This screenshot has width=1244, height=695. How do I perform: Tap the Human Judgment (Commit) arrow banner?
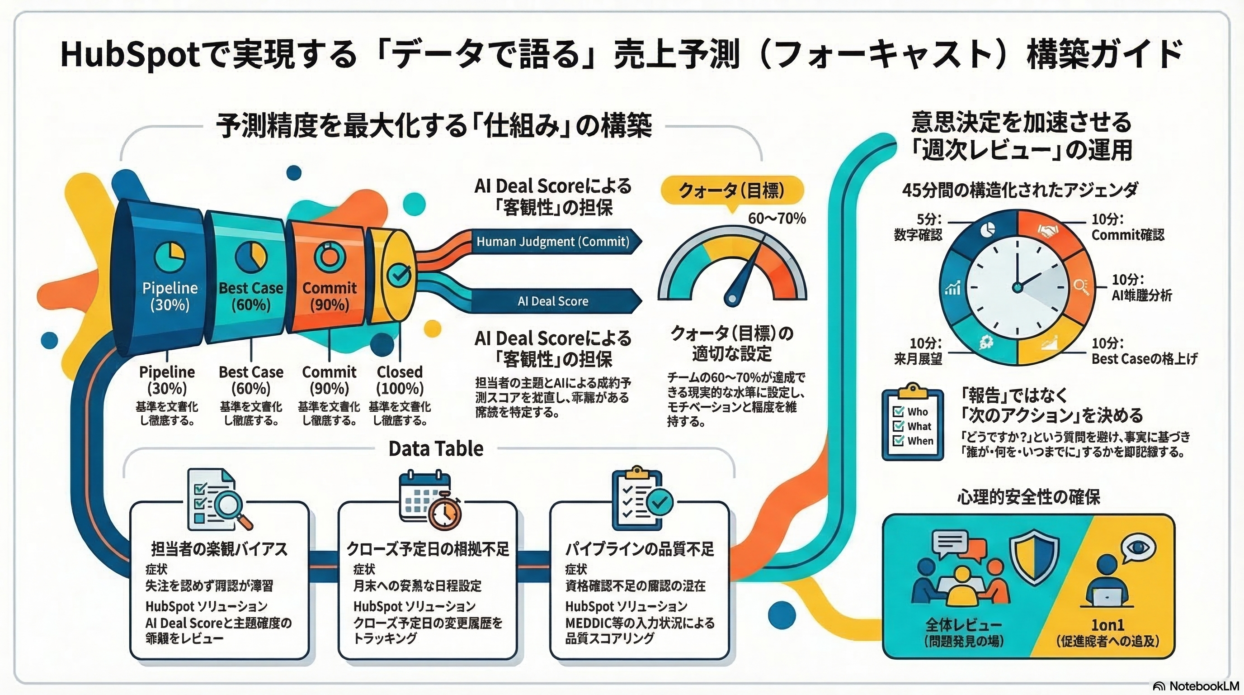tap(553, 242)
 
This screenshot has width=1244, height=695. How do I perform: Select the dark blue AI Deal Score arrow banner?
tap(553, 301)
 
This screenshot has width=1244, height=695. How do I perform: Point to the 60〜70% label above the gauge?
tap(777, 219)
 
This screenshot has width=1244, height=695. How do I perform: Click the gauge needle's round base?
tap(732, 299)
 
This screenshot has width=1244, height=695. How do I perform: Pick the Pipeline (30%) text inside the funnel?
tap(170, 296)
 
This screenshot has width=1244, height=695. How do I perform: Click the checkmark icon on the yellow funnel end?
tap(401, 275)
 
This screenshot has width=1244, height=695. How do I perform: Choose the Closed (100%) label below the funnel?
tap(400, 380)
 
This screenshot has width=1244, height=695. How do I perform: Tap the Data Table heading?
tap(436, 448)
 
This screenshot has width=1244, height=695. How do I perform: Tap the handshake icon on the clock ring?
tap(1048, 232)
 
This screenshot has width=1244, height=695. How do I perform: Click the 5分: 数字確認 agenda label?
tap(918, 227)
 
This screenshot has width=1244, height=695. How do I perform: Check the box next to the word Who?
tap(898, 412)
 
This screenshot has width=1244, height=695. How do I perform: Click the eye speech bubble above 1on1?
tap(1138, 547)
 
